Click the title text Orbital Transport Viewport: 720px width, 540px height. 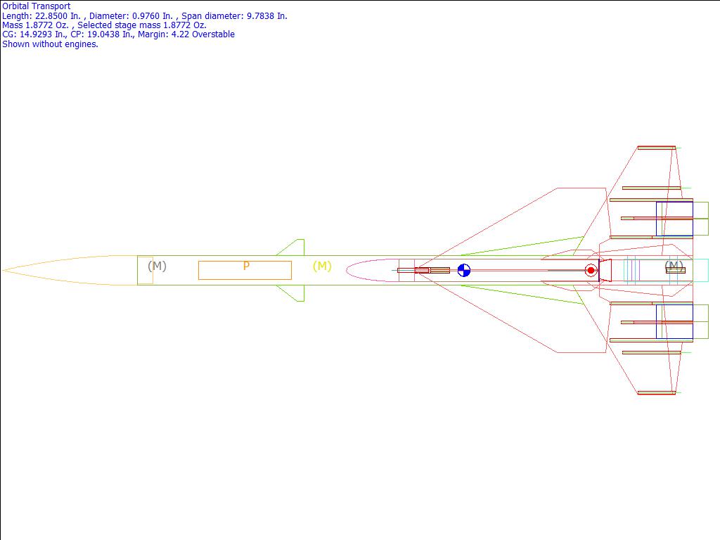36,6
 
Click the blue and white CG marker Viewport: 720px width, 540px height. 464,270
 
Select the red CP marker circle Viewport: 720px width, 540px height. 591,270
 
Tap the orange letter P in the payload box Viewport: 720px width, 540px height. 246,266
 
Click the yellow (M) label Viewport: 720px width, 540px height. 322,266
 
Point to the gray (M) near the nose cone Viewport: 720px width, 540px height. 157,266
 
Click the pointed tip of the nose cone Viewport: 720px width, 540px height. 4,270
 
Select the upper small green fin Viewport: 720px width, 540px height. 295,248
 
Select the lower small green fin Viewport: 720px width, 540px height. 295,292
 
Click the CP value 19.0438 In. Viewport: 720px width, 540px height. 116,34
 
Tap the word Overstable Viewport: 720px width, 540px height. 213,34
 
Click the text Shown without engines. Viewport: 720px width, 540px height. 50,44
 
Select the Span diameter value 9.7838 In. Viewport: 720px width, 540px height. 264,15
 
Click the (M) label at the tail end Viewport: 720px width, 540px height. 674,266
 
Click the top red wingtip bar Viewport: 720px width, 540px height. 656,148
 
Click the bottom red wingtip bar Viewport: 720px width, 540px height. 656,392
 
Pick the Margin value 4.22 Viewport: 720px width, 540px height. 181,34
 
